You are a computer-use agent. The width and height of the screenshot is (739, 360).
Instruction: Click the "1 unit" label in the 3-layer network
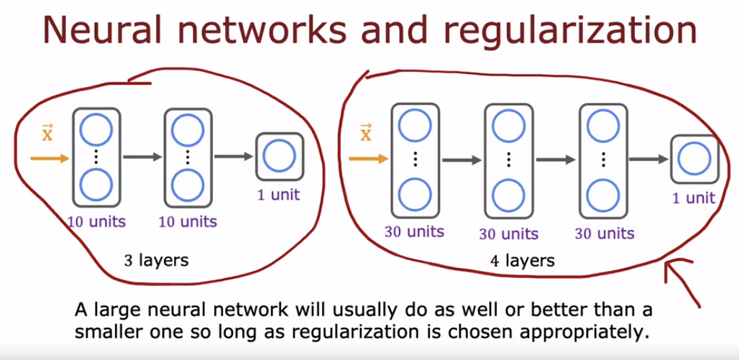pos(280,194)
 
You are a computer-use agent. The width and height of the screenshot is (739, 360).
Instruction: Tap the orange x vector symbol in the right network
pos(366,133)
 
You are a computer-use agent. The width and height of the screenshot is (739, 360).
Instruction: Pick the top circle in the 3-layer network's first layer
pos(94,129)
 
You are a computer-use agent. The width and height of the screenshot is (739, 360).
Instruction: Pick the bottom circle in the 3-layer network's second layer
pos(188,185)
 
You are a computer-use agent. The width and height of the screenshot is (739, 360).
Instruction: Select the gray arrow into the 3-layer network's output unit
pos(234,156)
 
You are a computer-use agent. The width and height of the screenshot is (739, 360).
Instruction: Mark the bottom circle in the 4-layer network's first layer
pos(413,193)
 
